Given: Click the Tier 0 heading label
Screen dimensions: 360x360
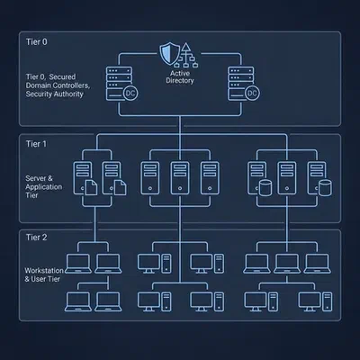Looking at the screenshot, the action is click(36, 41).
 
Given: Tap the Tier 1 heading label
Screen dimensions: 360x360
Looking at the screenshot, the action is click(36, 144).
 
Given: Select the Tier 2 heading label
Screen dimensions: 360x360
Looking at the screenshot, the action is click(36, 238).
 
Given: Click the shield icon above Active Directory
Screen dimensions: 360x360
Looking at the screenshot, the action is click(170, 53).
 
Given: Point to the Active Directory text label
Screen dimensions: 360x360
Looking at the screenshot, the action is click(180, 76).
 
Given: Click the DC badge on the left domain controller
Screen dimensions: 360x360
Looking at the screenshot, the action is click(130, 94).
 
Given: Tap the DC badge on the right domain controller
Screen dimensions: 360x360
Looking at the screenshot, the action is click(252, 94).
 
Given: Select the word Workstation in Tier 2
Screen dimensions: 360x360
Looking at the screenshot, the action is click(44, 270).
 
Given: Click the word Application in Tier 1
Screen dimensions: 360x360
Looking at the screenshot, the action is click(44, 187).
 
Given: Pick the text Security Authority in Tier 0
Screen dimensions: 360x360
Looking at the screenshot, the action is click(54, 94).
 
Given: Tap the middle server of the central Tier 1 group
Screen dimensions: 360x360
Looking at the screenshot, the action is click(180, 178).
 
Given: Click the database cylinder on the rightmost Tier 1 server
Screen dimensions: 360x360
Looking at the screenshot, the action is click(325, 187).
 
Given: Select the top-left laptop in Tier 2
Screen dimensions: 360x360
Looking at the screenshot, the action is click(78, 264).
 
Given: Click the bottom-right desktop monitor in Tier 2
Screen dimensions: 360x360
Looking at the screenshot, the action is click(310, 301).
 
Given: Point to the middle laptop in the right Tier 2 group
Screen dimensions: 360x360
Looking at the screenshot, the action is click(287, 264).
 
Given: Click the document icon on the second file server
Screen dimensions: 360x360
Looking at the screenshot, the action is click(120, 187).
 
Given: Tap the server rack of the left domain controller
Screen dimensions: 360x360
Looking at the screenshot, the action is click(119, 84).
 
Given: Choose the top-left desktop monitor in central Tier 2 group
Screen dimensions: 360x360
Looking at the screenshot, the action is click(148, 264).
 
